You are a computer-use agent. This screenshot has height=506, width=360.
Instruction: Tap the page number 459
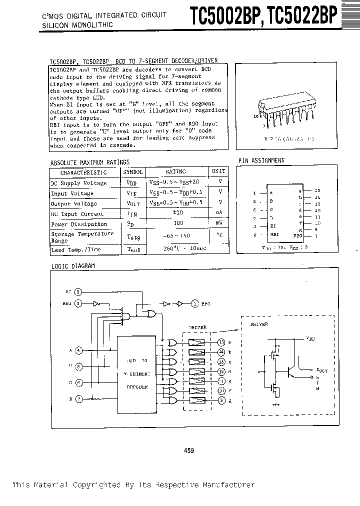tap(189, 450)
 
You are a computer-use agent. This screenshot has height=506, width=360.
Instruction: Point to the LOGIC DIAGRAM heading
tap(73, 266)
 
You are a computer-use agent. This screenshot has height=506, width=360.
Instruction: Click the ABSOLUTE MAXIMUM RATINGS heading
tap(90, 162)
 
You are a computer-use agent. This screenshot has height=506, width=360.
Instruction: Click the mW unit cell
tap(218, 224)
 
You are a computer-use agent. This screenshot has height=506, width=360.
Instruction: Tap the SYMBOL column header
tap(133, 172)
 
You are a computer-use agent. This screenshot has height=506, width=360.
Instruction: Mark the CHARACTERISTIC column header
tap(83, 172)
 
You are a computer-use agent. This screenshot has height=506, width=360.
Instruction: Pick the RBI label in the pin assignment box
tap(273, 233)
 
